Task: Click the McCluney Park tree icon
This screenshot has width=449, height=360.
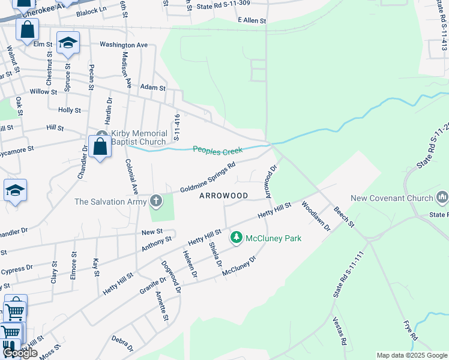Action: tap(237, 238)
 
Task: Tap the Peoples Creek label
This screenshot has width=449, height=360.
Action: tap(217, 150)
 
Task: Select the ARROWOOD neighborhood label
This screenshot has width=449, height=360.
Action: tap(223, 196)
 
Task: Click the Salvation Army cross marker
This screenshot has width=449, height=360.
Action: tap(156, 201)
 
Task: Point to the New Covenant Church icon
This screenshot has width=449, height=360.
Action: tap(443, 197)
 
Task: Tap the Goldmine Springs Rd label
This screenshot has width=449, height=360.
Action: tap(208, 178)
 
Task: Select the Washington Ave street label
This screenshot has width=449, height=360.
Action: tap(124, 44)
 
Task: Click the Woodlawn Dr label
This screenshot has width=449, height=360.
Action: tap(316, 216)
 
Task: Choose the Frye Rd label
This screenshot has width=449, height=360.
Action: tap(410, 331)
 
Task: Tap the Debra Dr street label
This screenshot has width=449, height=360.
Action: tap(122, 343)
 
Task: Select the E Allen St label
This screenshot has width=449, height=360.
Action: tap(252, 20)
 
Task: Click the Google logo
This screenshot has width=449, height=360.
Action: tap(20, 353)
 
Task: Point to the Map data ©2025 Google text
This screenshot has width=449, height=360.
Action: tap(412, 355)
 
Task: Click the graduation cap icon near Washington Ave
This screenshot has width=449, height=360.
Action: tap(68, 43)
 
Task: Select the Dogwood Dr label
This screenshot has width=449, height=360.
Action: tap(172, 276)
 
